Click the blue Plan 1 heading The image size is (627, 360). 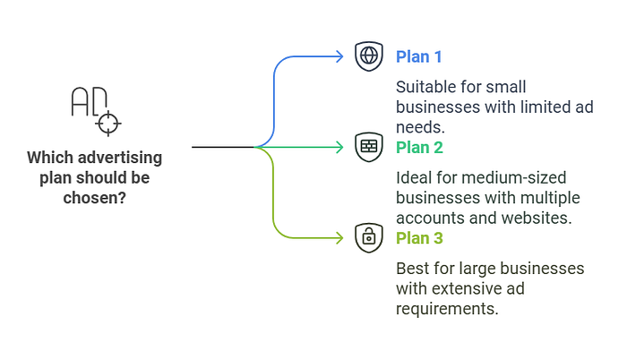click(x=419, y=56)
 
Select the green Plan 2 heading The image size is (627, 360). click(x=419, y=147)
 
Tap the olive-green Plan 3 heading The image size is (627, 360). click(x=419, y=237)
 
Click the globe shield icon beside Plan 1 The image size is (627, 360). click(x=368, y=56)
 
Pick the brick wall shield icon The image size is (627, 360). click(x=368, y=146)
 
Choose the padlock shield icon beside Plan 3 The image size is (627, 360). click(x=368, y=236)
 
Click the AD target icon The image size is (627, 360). click(x=93, y=109)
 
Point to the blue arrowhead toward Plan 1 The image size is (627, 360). click(x=339, y=56)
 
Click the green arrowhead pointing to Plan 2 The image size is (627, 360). click(x=339, y=146)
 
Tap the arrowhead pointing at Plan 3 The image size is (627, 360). click(x=339, y=237)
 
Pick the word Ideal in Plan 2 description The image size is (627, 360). click(x=414, y=177)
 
